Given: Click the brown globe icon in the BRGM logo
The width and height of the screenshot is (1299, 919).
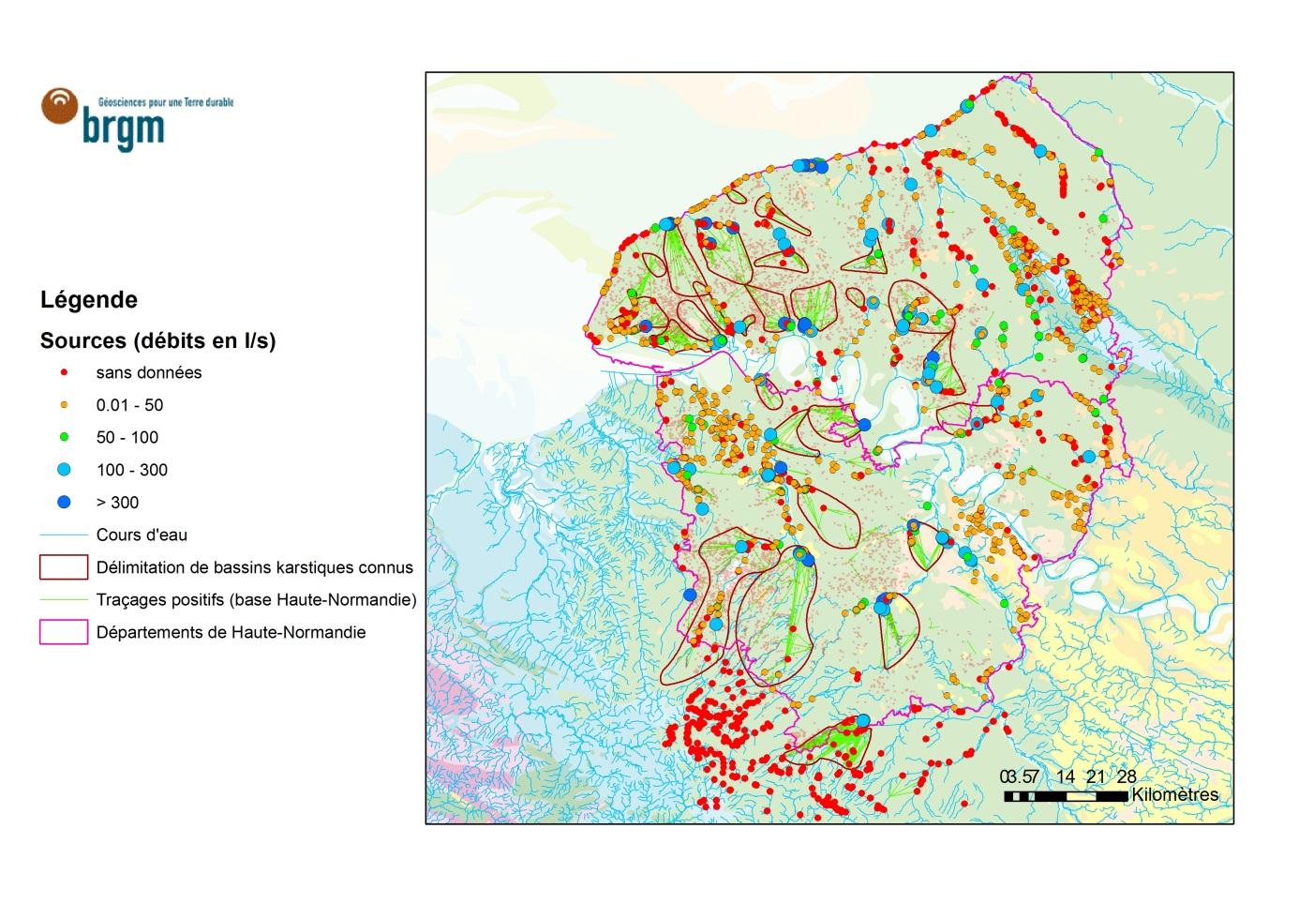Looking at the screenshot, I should (x=61, y=105).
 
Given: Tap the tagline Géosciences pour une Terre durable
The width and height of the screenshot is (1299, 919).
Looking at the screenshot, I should (x=166, y=101).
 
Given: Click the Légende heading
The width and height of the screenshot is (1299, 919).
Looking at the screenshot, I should (x=89, y=300).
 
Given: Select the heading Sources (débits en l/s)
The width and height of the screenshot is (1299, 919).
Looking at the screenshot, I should (x=157, y=340).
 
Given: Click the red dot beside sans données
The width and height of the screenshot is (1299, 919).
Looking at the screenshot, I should (x=64, y=372).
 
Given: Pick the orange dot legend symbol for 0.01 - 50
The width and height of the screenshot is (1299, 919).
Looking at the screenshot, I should (x=64, y=405).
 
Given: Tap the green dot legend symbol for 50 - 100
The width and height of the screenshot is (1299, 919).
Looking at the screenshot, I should (x=64, y=437).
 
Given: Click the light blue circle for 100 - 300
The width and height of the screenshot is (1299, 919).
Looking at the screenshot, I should (x=64, y=470).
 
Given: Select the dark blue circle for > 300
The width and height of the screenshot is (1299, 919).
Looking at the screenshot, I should (x=64, y=503).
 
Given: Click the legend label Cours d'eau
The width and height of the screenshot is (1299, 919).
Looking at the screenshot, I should (x=142, y=535).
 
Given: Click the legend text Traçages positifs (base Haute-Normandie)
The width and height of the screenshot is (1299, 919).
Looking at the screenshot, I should (x=256, y=600).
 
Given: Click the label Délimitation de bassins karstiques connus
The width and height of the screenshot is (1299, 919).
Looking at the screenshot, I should (x=254, y=567).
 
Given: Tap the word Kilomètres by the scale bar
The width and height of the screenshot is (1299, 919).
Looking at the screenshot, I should (x=1175, y=795).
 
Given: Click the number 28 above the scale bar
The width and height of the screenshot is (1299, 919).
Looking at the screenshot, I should (x=1127, y=776).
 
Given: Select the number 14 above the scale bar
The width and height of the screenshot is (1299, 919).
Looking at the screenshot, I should (x=1065, y=776).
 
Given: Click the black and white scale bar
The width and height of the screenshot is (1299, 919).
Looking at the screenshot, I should (x=1067, y=796).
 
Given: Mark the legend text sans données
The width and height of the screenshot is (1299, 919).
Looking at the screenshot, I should (x=148, y=372).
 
